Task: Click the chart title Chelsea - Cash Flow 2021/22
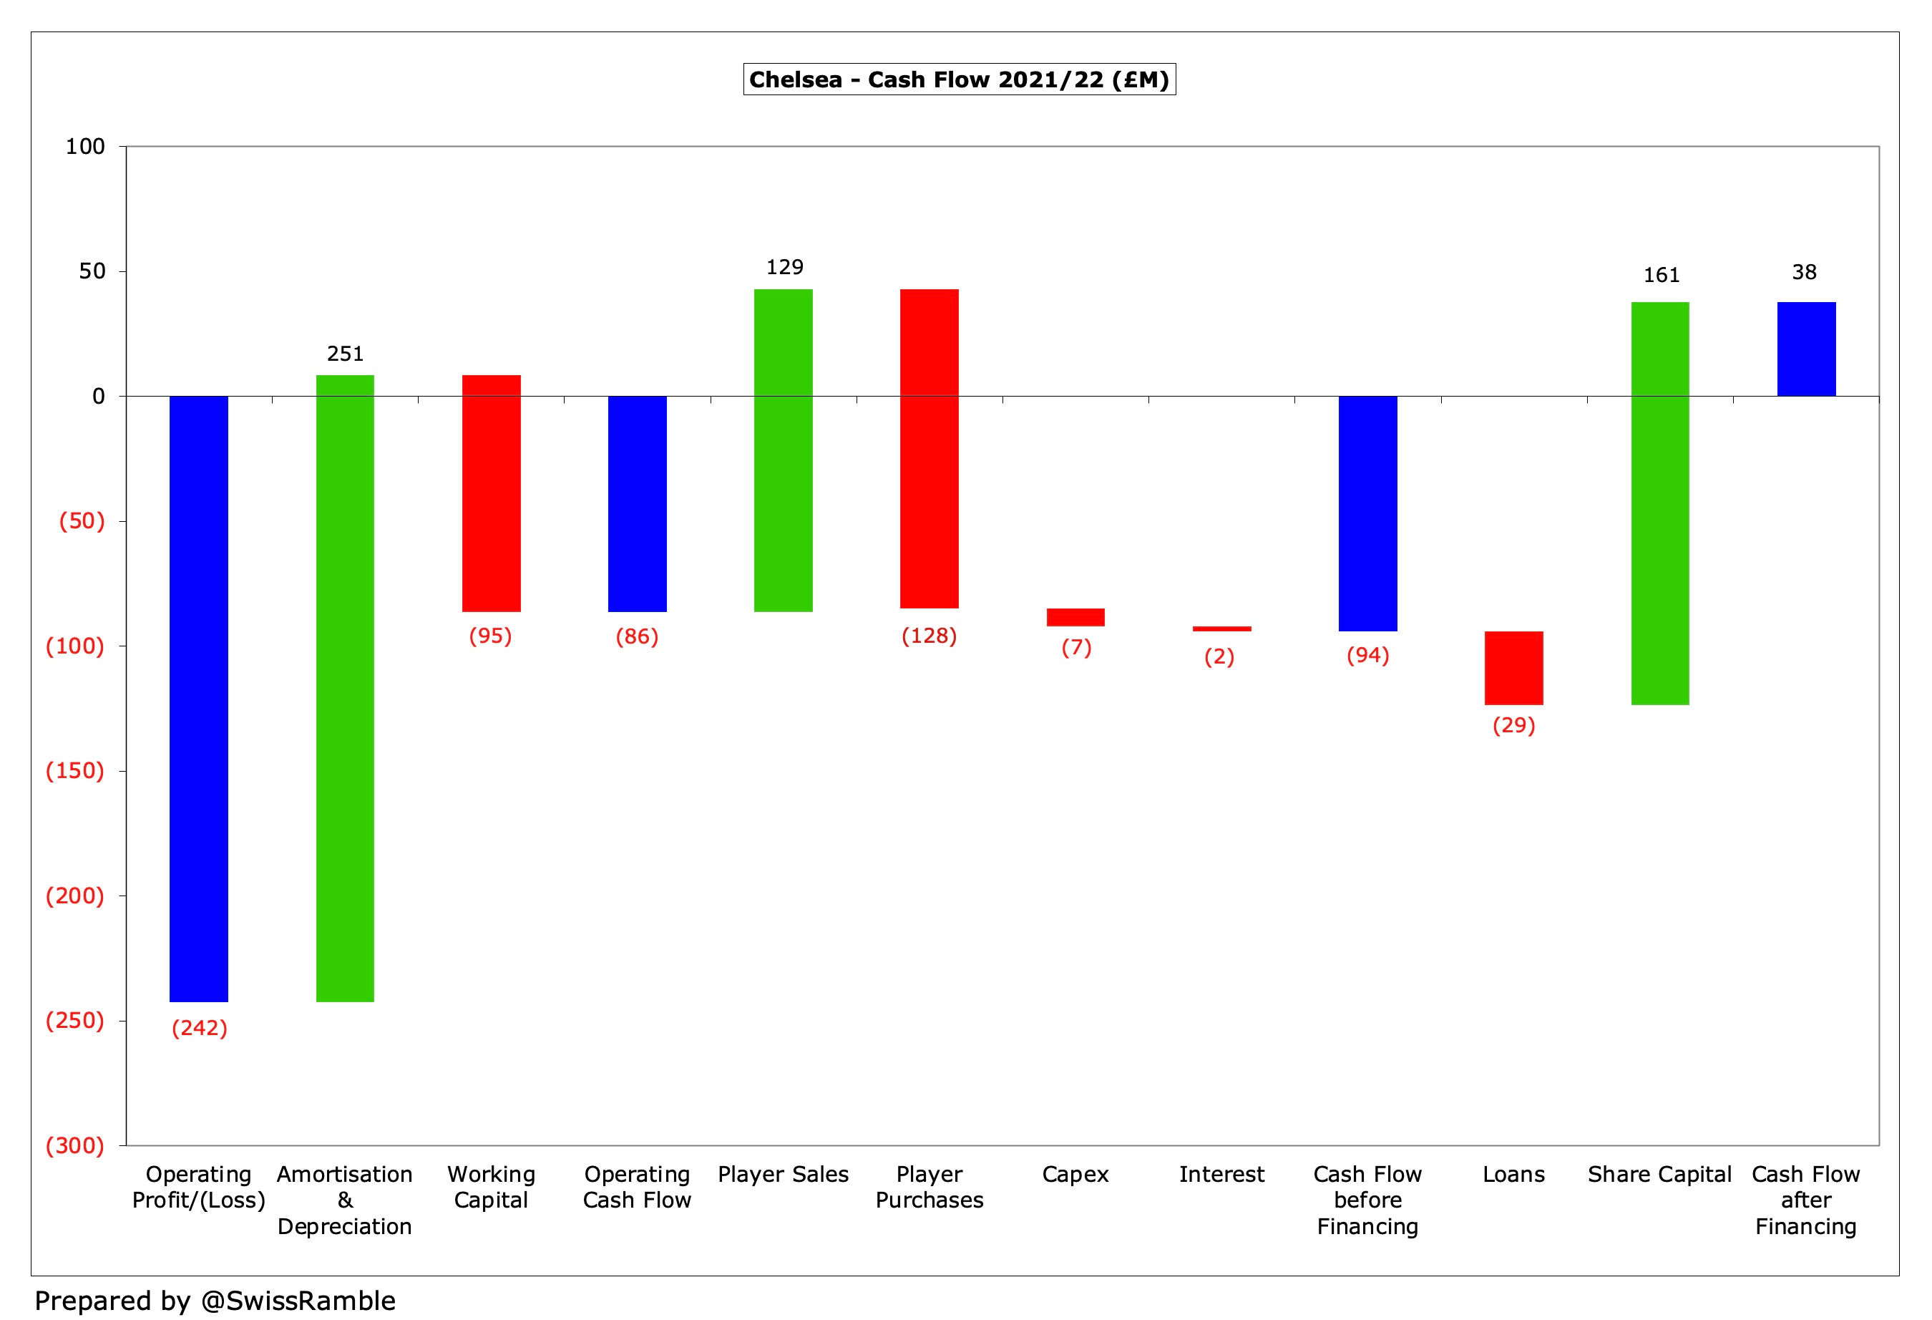[959, 80]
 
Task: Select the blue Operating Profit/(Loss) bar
[199, 699]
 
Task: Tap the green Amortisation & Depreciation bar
[345, 689]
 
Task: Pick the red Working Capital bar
[492, 493]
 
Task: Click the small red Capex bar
[1075, 617]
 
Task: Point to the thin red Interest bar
[1221, 629]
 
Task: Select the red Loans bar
[1514, 668]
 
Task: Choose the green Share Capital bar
[1660, 503]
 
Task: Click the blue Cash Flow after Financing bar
[1807, 349]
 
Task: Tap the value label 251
[345, 354]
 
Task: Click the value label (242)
[200, 1028]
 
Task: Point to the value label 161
[1661, 276]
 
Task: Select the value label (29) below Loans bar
[1514, 725]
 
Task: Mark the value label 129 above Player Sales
[784, 267]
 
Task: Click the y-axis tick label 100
[86, 147]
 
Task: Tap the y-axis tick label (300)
[75, 1145]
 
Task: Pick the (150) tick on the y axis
[75, 771]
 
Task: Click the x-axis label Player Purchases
[930, 1187]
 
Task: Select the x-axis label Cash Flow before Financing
[1367, 1200]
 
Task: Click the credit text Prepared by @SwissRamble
[215, 1301]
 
